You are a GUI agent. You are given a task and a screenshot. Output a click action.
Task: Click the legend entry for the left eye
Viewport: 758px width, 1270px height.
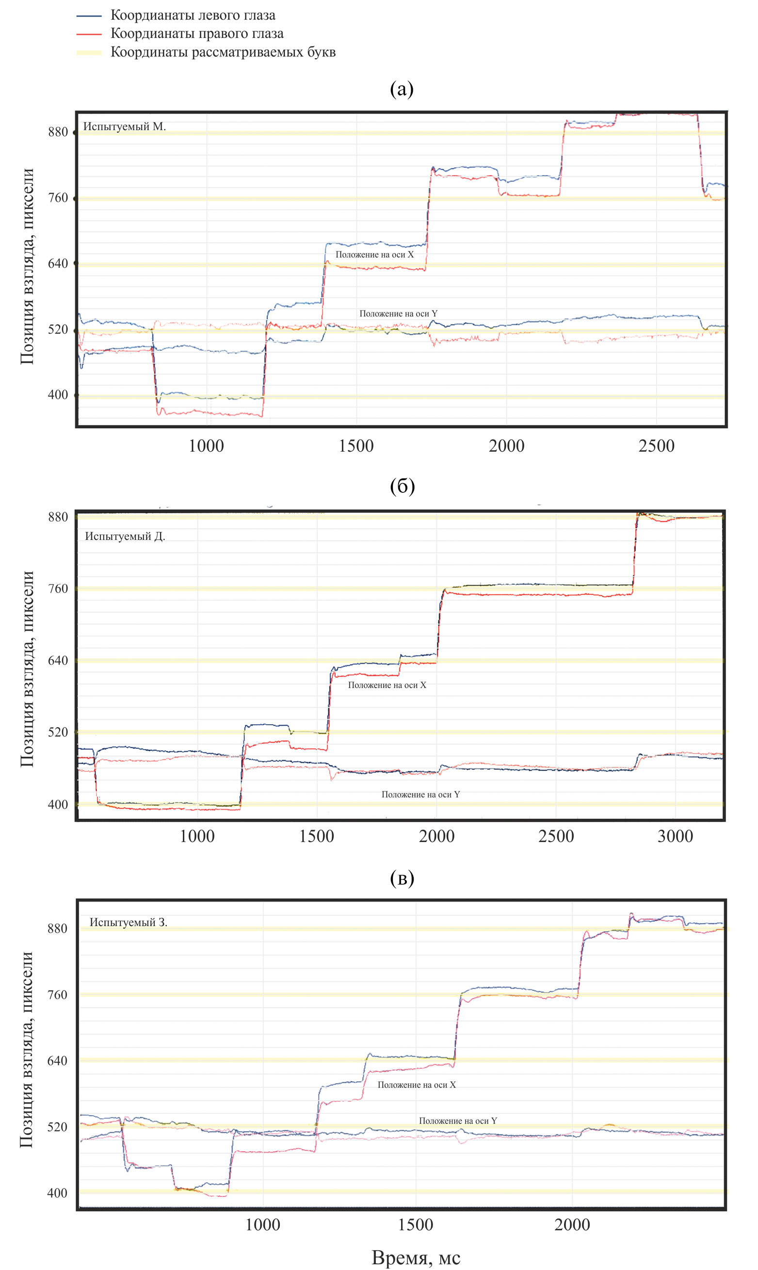193,16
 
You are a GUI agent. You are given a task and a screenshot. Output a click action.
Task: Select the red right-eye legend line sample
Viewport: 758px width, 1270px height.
89,34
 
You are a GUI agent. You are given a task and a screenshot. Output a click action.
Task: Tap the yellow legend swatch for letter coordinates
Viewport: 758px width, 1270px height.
89,52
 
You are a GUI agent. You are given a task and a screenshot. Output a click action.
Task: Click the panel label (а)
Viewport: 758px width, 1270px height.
402,89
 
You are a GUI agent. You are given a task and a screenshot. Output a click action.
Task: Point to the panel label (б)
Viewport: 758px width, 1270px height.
402,486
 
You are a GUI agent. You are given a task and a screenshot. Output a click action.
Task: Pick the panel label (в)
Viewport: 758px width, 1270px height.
402,878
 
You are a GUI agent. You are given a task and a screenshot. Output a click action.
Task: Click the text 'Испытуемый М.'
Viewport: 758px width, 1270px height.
125,126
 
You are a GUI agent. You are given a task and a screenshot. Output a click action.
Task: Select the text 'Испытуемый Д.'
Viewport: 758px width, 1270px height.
125,537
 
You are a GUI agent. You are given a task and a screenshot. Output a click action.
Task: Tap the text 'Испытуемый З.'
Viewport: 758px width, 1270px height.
128,922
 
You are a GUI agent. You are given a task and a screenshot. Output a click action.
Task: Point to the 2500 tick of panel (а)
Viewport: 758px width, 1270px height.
656,446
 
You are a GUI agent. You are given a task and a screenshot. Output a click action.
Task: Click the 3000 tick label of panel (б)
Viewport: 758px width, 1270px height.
675,836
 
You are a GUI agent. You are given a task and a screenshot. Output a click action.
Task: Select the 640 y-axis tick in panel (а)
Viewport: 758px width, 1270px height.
58,263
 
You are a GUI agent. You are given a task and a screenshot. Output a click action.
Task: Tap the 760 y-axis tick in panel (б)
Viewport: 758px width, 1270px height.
58,588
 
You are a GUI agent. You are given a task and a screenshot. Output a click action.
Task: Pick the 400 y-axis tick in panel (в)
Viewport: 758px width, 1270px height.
57,1193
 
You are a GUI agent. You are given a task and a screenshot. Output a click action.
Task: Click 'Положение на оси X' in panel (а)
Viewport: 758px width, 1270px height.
374,254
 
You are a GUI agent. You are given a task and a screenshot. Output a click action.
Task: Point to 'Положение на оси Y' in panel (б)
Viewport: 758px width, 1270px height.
420,795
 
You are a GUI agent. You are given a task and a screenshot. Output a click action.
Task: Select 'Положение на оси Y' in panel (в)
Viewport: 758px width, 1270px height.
458,1120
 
